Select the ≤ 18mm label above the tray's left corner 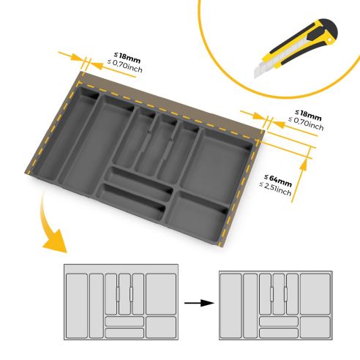pos(124,54)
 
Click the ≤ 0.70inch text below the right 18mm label pos(306,125)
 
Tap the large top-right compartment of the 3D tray pos(223,158)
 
